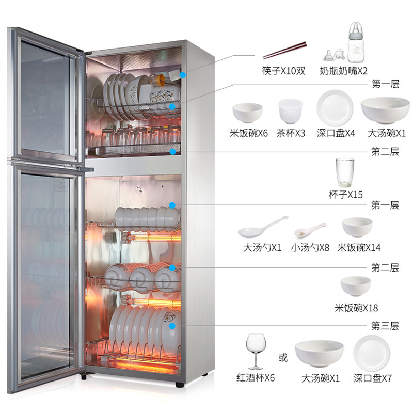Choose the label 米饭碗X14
[x=358, y=248]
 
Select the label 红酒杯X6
[x=256, y=378]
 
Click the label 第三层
[x=385, y=326]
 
